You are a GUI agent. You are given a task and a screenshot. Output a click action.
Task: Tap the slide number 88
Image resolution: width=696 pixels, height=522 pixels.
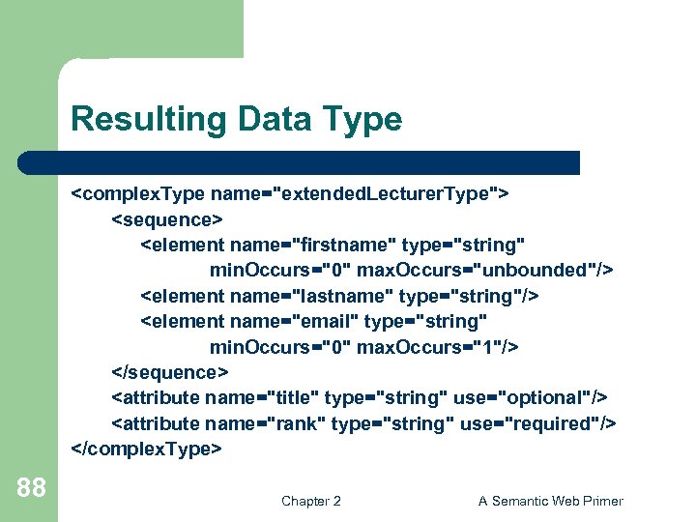(31, 487)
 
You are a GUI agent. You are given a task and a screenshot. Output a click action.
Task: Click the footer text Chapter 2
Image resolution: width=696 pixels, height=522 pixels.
(310, 501)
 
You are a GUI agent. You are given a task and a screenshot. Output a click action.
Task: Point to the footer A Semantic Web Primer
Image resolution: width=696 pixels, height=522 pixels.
(551, 501)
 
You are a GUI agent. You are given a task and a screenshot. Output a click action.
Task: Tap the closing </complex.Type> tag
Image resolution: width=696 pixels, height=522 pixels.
(146, 449)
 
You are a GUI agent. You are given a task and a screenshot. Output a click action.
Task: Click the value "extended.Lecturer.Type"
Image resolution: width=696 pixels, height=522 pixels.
(387, 193)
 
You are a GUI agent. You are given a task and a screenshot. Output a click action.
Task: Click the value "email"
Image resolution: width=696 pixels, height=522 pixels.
(324, 321)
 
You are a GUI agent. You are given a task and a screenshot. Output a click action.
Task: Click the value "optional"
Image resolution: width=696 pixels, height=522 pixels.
(547, 397)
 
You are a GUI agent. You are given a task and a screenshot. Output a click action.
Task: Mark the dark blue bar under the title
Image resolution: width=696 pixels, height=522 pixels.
(300, 162)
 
